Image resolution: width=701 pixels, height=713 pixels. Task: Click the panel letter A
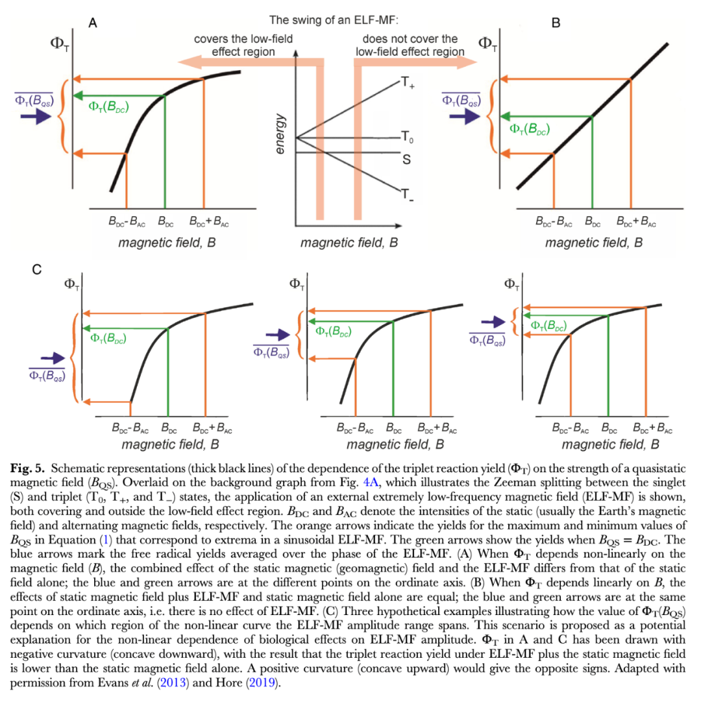(x=93, y=23)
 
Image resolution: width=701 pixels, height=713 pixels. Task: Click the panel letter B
(x=556, y=23)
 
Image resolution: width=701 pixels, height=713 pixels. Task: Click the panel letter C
(x=37, y=269)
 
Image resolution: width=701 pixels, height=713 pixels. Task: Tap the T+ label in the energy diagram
(x=407, y=84)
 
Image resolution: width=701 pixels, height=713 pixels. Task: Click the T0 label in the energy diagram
(x=407, y=137)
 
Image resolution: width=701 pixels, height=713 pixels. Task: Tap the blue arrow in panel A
(x=31, y=119)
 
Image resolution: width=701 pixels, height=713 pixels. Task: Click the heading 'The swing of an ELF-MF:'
(x=343, y=21)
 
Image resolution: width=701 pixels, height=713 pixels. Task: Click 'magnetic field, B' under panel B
(x=594, y=243)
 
